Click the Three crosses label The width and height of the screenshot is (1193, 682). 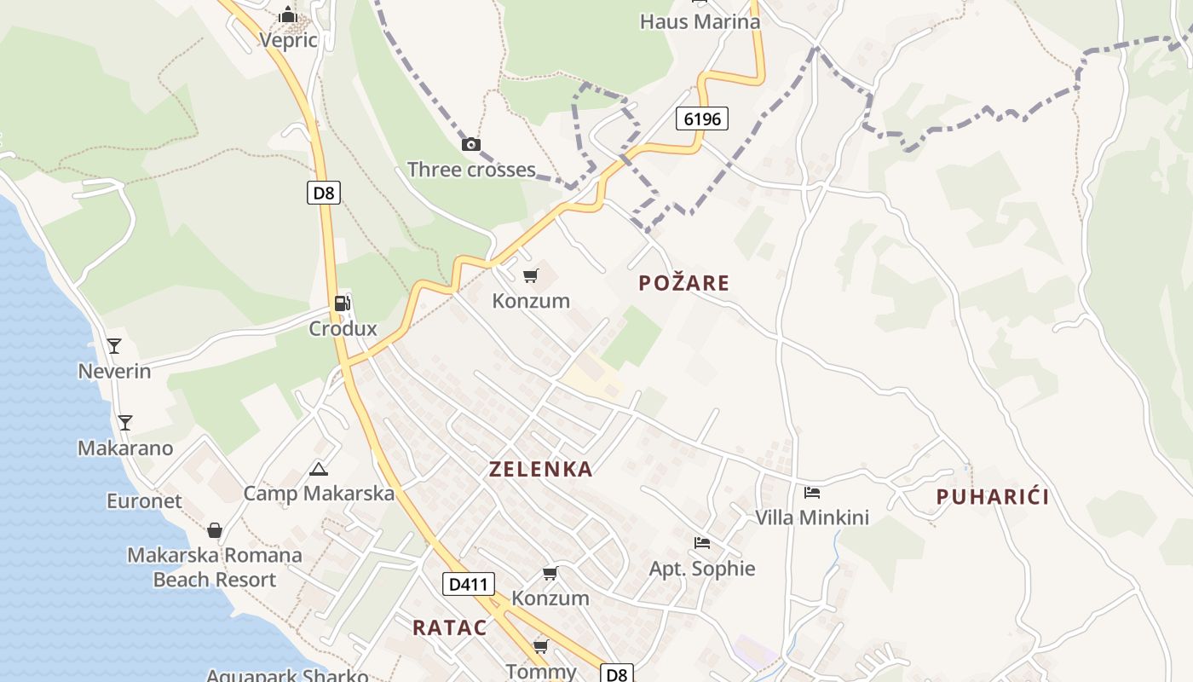click(x=471, y=170)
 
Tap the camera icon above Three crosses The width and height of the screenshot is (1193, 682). click(x=471, y=144)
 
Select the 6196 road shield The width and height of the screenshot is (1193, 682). click(x=703, y=118)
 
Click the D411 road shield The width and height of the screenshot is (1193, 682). click(x=469, y=584)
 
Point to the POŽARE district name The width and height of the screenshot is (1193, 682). click(x=684, y=283)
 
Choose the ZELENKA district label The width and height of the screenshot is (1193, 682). click(x=540, y=469)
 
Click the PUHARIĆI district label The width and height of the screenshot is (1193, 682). click(x=993, y=497)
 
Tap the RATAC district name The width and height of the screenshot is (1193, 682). click(x=450, y=628)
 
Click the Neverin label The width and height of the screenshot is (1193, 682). click(x=114, y=372)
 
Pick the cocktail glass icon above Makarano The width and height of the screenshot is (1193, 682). click(x=125, y=423)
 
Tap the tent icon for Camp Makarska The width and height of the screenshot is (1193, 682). click(x=319, y=468)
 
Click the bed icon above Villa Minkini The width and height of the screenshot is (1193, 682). click(x=812, y=493)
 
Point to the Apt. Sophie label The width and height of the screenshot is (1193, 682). click(x=702, y=569)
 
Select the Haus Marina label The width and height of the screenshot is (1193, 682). click(x=700, y=21)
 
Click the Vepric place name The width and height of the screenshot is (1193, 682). click(x=288, y=40)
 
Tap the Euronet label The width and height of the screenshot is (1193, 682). click(x=144, y=501)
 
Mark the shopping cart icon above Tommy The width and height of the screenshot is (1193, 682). click(x=540, y=646)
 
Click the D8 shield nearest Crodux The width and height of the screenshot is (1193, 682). click(x=324, y=193)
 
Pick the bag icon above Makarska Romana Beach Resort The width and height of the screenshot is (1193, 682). click(x=215, y=530)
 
